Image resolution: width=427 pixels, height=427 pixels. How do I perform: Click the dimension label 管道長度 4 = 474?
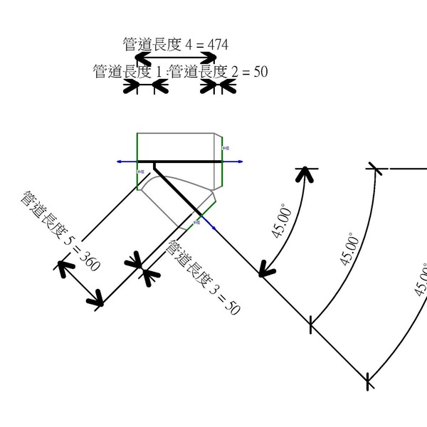pos(176,44)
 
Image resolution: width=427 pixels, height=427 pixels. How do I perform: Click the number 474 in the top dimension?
pos(217,44)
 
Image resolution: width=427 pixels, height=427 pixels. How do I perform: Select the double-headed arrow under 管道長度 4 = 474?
pos(176,57)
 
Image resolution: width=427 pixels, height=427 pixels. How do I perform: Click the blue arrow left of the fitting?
pos(120,162)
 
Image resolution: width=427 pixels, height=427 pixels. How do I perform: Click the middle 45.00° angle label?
pos(348,248)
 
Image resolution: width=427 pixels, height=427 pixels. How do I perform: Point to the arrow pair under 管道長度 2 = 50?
pos(218,86)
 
